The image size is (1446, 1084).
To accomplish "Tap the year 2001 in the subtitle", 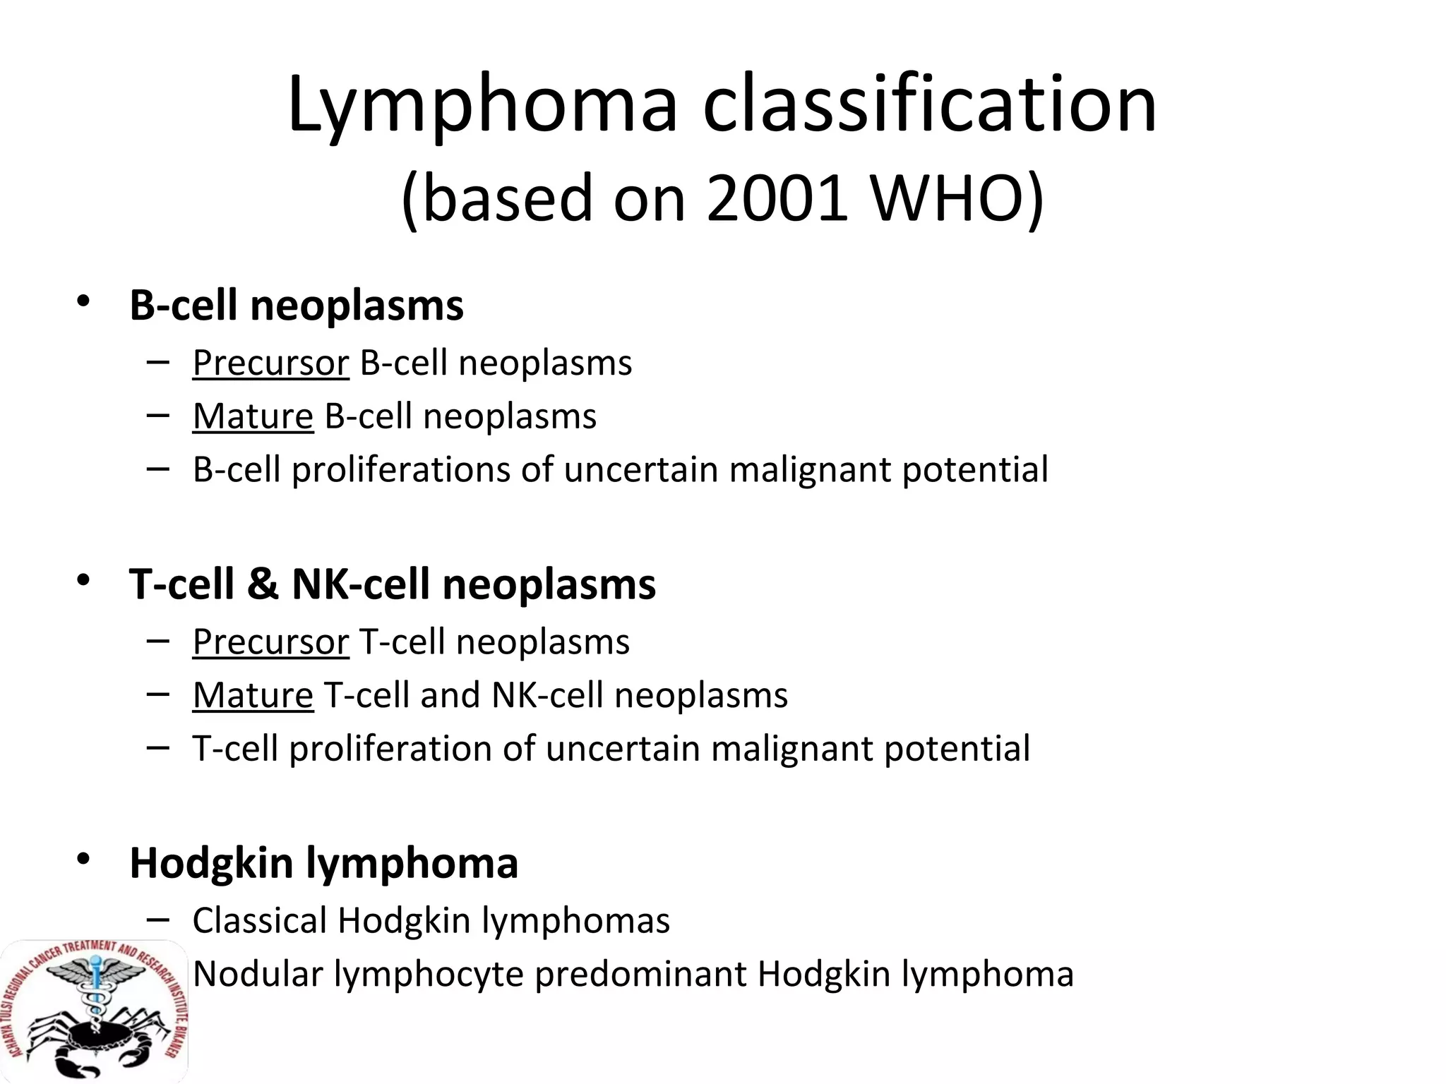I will (776, 198).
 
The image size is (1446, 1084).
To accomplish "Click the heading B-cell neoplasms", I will (297, 306).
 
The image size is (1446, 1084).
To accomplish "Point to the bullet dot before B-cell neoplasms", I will (84, 301).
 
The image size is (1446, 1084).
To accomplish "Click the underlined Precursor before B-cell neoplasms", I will (270, 363).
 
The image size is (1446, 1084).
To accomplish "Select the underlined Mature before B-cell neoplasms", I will (253, 416).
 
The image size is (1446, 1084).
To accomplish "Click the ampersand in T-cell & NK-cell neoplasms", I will (263, 584).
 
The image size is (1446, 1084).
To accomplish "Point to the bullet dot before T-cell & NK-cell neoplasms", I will (84, 580).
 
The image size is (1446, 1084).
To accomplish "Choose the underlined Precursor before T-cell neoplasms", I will (270, 642).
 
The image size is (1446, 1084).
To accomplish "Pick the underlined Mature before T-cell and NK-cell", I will (253, 695).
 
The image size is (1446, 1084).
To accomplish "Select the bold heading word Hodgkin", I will (211, 863).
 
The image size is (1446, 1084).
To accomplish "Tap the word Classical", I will (258, 921).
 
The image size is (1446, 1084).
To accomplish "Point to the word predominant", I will (640, 974).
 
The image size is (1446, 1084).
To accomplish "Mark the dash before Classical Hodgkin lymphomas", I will (158, 919).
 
